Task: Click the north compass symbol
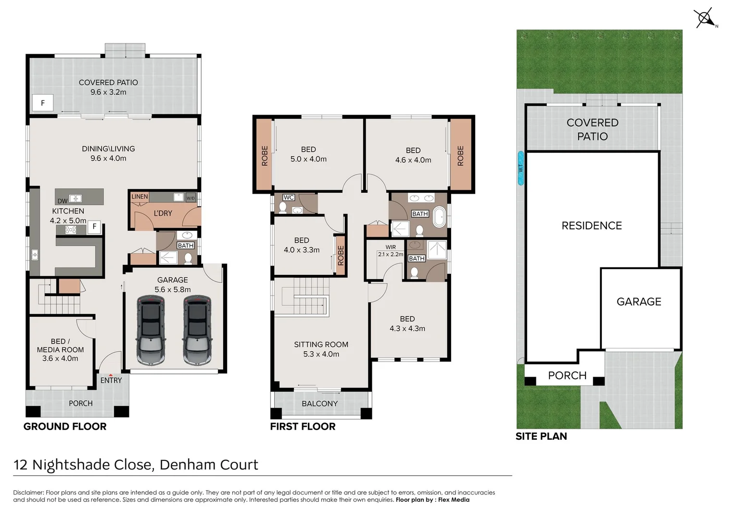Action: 705,18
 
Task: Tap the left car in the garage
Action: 151,330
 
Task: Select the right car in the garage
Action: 197,330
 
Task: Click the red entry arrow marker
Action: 111,375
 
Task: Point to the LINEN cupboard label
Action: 139,197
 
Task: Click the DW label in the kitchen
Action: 63,201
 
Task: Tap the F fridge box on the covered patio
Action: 43,103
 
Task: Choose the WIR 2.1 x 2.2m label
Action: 391,250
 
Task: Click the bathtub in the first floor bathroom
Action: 439,217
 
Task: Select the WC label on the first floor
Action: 289,198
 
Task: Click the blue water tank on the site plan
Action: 520,168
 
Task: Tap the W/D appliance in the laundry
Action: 190,198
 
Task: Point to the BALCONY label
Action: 319,404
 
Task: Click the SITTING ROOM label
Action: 321,344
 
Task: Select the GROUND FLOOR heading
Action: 65,427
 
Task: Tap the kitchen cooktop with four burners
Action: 71,230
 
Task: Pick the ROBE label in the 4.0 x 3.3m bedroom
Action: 341,256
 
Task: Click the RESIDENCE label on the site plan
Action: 592,225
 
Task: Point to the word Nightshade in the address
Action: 71,465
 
